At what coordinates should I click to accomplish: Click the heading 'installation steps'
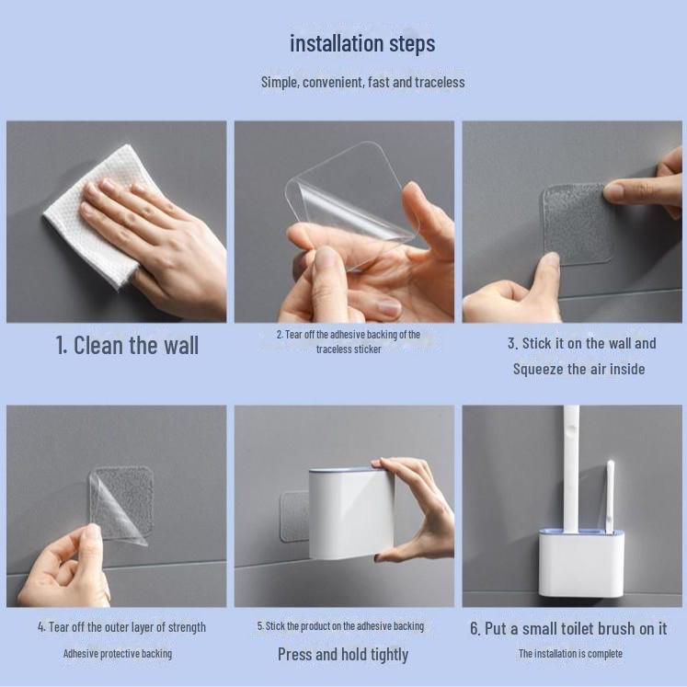point(362,44)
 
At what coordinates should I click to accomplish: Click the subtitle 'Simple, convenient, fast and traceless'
point(362,82)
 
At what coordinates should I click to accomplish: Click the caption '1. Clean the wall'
point(127,345)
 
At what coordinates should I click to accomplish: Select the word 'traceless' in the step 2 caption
point(349,349)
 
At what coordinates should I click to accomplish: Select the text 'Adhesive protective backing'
point(118,654)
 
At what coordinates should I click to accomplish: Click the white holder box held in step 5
point(350,513)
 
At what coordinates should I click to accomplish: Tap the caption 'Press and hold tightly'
point(343,655)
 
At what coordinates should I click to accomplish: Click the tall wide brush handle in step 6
point(572,468)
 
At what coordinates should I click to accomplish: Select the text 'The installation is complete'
point(570,654)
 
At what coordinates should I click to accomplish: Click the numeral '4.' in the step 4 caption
point(41,627)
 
